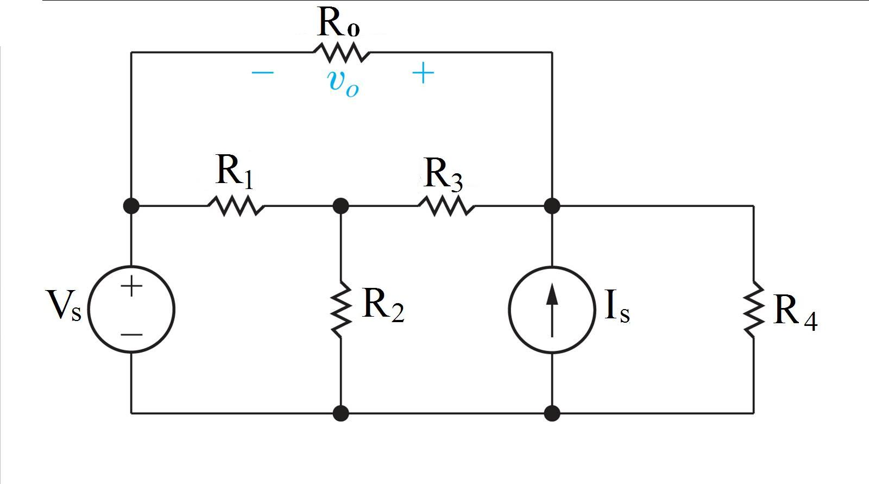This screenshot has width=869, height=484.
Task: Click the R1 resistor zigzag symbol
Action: click(236, 206)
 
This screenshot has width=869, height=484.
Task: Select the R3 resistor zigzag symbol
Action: click(446, 206)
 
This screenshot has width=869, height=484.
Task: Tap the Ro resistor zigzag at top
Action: click(341, 53)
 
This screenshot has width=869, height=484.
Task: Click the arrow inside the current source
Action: click(552, 310)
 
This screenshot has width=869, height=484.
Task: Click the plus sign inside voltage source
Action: click(131, 286)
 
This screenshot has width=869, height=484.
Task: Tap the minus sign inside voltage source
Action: click(131, 334)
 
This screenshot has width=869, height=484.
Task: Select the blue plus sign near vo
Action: click(423, 73)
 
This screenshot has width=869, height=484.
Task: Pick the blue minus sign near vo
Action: click(263, 73)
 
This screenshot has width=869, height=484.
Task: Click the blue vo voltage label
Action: click(343, 83)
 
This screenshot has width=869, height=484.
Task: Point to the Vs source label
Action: click(64, 305)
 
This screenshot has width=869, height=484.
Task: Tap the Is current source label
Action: click(617, 307)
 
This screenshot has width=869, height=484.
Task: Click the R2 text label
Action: click(382, 305)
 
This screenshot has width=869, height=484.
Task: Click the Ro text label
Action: click(338, 23)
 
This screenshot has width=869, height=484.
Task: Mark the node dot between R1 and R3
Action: click(341, 206)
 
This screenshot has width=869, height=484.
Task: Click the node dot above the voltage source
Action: click(131, 206)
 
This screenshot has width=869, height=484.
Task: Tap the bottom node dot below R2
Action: click(341, 413)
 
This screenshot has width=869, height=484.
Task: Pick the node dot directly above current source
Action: click(552, 206)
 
